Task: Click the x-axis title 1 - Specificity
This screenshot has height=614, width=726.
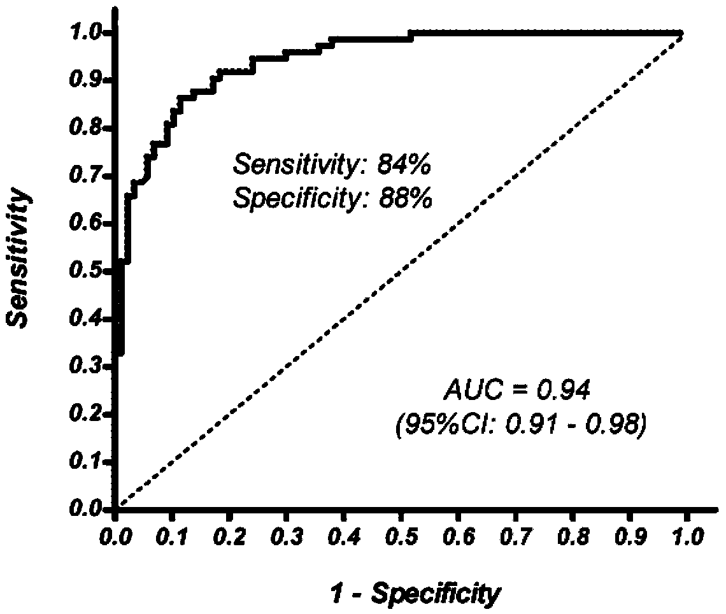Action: (x=415, y=594)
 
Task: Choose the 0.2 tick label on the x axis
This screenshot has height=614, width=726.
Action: (x=230, y=537)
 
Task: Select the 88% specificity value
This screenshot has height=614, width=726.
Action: (x=404, y=199)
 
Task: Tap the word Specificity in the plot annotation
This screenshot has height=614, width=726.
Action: (x=297, y=200)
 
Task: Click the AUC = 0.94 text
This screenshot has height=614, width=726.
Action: (x=518, y=390)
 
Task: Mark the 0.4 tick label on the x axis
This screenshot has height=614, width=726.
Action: (x=343, y=537)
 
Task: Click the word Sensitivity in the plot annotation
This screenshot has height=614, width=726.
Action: (x=296, y=164)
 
